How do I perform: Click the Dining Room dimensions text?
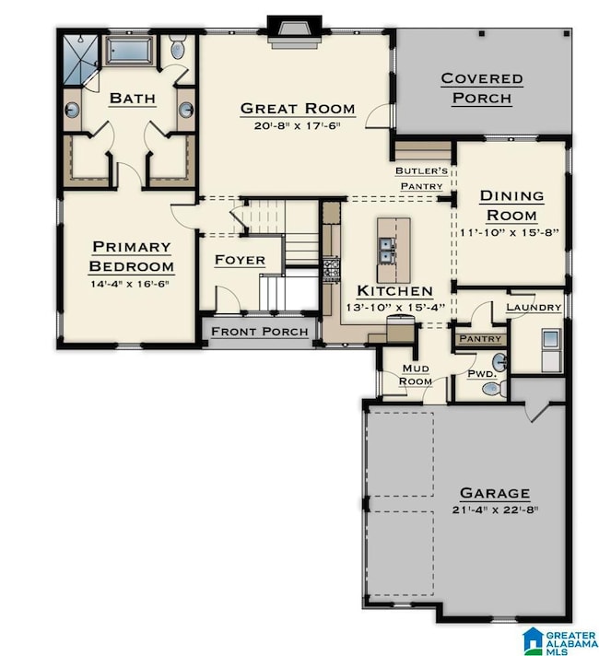[x=511, y=234]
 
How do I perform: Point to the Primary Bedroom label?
[x=130, y=256]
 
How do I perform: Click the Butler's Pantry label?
[x=421, y=178]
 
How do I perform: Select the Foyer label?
[x=240, y=261]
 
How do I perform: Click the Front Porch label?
[x=260, y=332]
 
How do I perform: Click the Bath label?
[x=132, y=98]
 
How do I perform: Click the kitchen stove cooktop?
[x=331, y=268]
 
